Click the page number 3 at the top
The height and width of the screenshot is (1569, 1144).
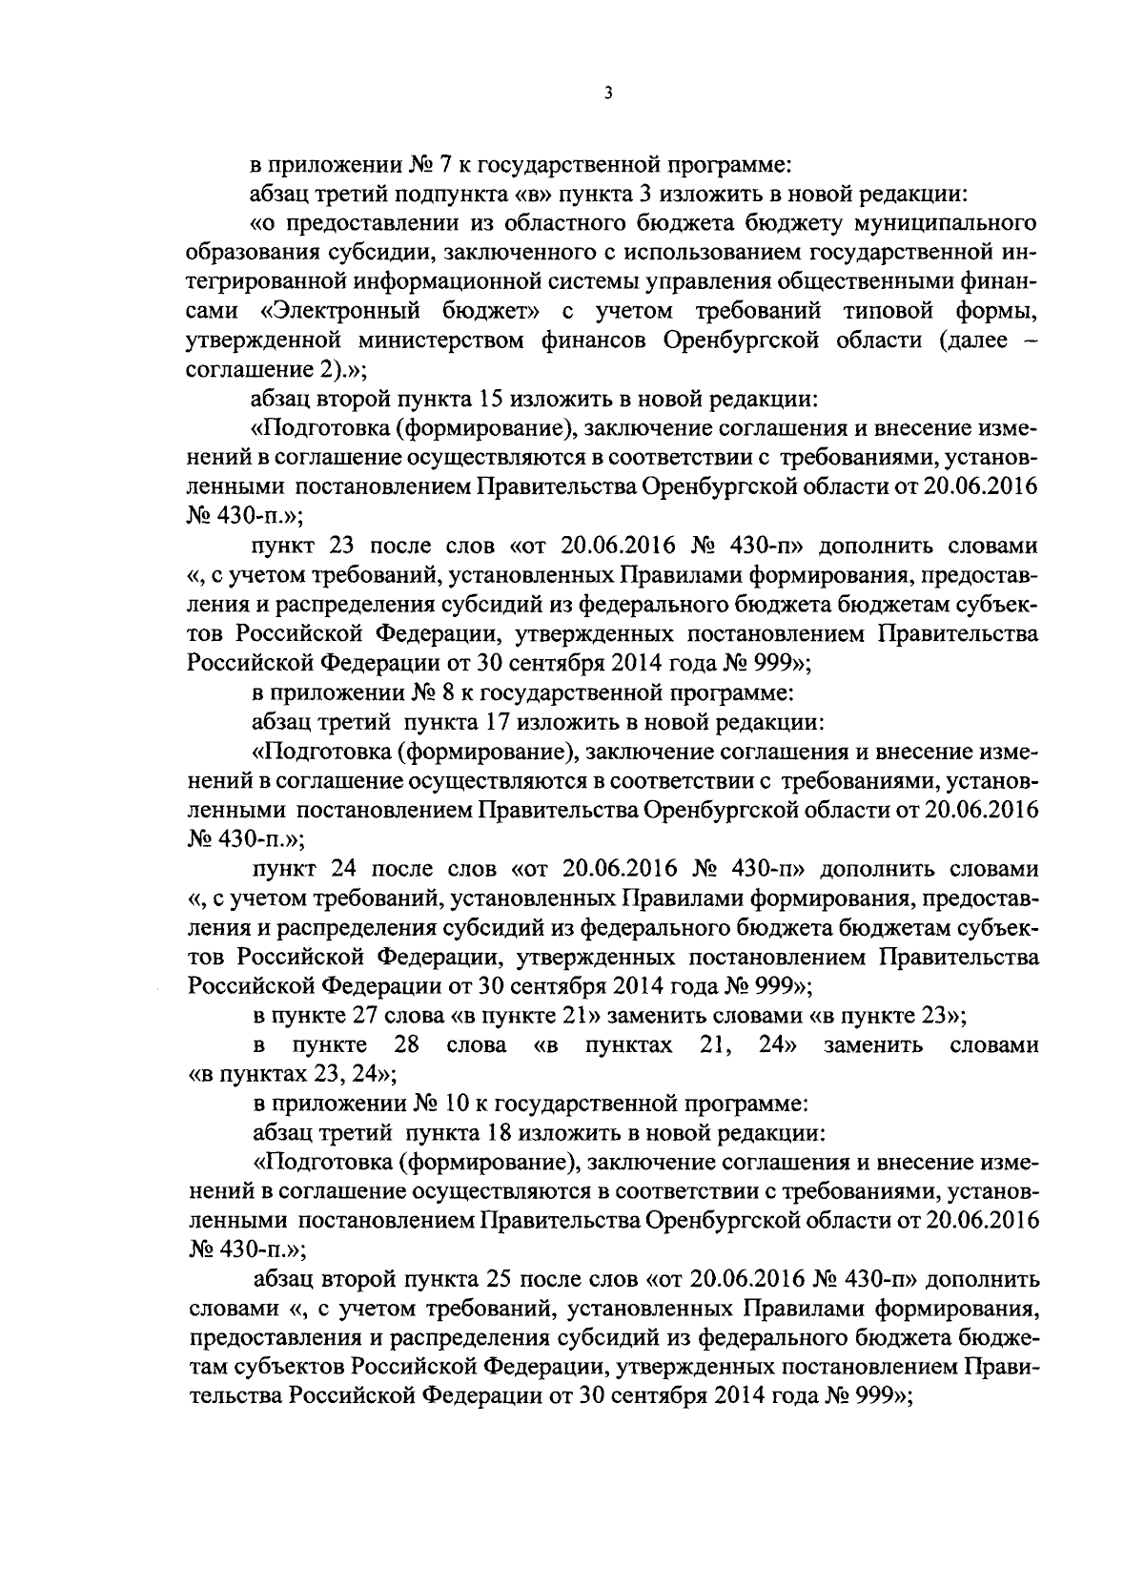click(607, 93)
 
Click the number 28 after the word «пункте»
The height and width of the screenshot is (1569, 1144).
click(407, 1045)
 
